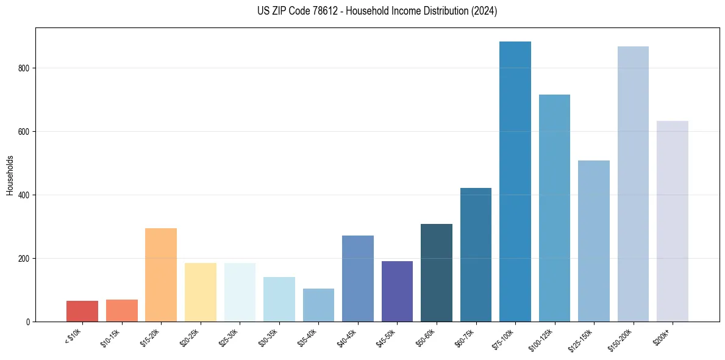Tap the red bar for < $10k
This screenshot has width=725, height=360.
point(82,311)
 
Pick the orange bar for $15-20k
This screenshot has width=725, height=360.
point(161,275)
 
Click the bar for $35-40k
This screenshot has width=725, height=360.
point(318,305)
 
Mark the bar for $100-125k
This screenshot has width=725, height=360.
point(554,208)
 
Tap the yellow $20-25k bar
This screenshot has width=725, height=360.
point(201,292)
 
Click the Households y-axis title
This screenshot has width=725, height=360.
point(10,175)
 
